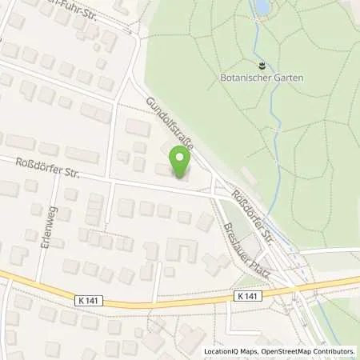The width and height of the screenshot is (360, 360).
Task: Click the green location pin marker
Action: [180, 162]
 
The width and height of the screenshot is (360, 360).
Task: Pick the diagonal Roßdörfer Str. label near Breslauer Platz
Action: [251, 214]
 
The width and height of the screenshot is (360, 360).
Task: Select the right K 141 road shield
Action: [248, 296]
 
